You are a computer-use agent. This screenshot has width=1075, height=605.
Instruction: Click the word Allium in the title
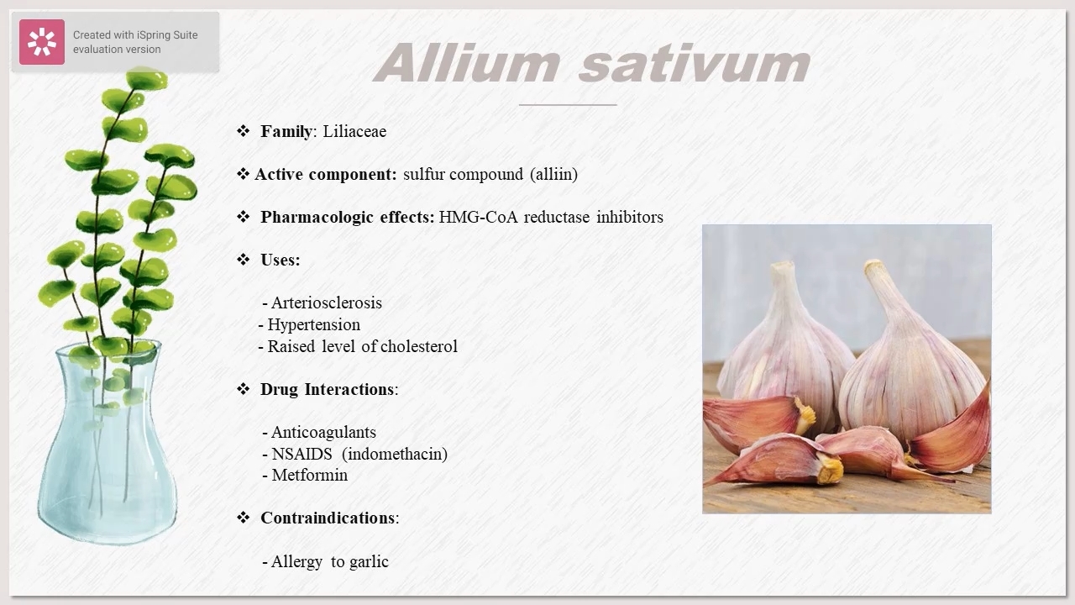point(467,63)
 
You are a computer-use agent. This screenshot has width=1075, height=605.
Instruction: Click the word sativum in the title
point(695,63)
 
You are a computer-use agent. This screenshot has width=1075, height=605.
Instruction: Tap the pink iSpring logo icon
point(42,42)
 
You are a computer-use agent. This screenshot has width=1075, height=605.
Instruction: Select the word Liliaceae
point(354,131)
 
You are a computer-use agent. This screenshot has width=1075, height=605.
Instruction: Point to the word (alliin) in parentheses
point(553,174)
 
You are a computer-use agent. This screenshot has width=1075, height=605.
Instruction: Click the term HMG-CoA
point(478,217)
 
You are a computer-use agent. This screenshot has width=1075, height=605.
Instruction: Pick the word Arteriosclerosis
point(327,303)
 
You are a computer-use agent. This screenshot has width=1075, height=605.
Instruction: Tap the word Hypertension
point(314,325)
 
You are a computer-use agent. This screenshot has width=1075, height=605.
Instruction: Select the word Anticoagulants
point(323,433)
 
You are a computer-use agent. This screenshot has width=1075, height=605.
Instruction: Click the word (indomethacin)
point(395,454)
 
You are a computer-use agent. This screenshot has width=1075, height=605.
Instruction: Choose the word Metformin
point(310,476)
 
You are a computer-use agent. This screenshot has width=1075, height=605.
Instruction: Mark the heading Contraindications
point(328,518)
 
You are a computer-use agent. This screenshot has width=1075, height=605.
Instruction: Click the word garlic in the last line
point(369,562)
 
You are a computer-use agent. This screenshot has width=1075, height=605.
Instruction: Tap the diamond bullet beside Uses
point(244,260)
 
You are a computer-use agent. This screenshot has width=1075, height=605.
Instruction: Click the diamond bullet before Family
point(244,131)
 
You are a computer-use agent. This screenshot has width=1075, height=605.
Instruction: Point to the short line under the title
point(568,105)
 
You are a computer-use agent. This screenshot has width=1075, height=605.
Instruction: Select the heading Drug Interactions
point(328,389)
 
